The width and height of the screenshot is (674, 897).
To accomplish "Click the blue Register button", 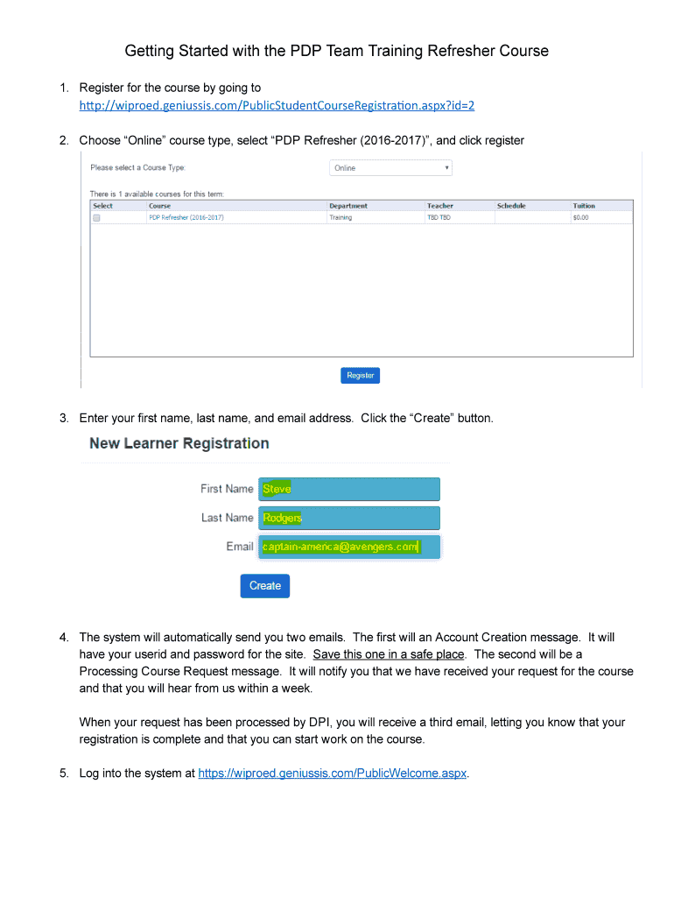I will point(360,375).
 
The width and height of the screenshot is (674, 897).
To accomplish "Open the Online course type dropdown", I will point(390,167).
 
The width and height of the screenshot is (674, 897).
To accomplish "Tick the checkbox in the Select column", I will point(97,217).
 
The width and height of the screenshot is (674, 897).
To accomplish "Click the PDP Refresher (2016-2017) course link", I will point(186,217).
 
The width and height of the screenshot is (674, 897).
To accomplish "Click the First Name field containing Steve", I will point(348,489).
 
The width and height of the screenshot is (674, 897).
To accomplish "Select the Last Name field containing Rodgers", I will point(348,518).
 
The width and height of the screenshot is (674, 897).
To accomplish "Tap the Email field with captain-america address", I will point(348,547).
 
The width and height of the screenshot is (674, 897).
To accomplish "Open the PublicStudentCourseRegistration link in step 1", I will point(277,105).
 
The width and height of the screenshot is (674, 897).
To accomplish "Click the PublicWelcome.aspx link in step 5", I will point(333,773).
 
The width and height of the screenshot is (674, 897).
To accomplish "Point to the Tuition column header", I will point(584,206).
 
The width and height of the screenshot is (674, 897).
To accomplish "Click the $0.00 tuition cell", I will point(580,217).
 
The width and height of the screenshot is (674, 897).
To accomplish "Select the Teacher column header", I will point(440,206).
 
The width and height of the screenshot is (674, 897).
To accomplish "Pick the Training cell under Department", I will point(341,217).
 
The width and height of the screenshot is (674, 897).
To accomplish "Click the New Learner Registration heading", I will point(179,443).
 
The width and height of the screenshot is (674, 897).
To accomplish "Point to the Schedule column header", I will point(511,206).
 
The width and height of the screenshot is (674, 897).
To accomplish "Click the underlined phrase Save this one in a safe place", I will point(388,654).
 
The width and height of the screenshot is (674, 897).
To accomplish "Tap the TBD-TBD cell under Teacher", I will point(439,217).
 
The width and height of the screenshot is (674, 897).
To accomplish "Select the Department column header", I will point(348,206).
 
